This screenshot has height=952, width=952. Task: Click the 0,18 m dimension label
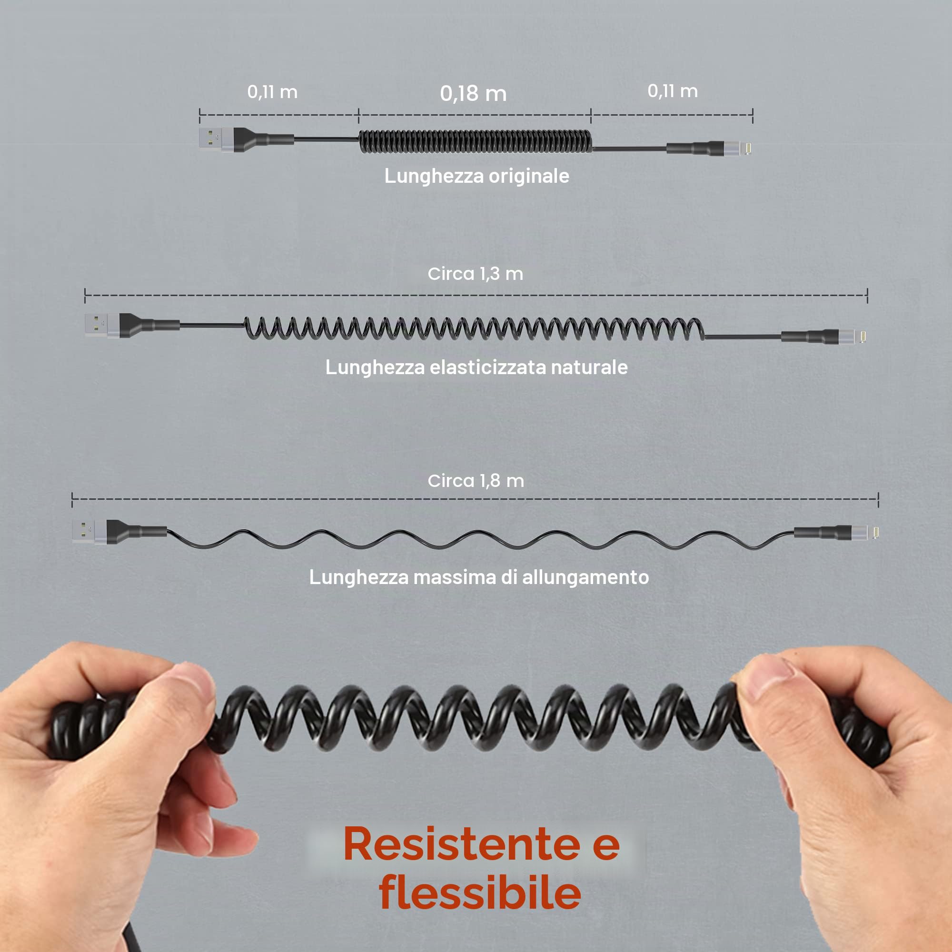[473, 93]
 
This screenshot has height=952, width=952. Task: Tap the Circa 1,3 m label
[476, 274]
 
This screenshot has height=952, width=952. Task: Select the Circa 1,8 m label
[476, 480]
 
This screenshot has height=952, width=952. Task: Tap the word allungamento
[585, 577]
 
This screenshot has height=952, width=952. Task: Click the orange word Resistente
[461, 844]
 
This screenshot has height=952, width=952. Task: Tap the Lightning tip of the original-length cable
[747, 148]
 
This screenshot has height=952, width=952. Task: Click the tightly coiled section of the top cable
[476, 141]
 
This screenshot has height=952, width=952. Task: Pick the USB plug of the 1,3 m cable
[102, 325]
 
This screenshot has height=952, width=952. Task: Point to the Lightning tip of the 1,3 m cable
[863, 336]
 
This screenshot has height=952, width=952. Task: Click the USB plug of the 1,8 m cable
[89, 531]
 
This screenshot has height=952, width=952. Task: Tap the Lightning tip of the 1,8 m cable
[876, 532]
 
